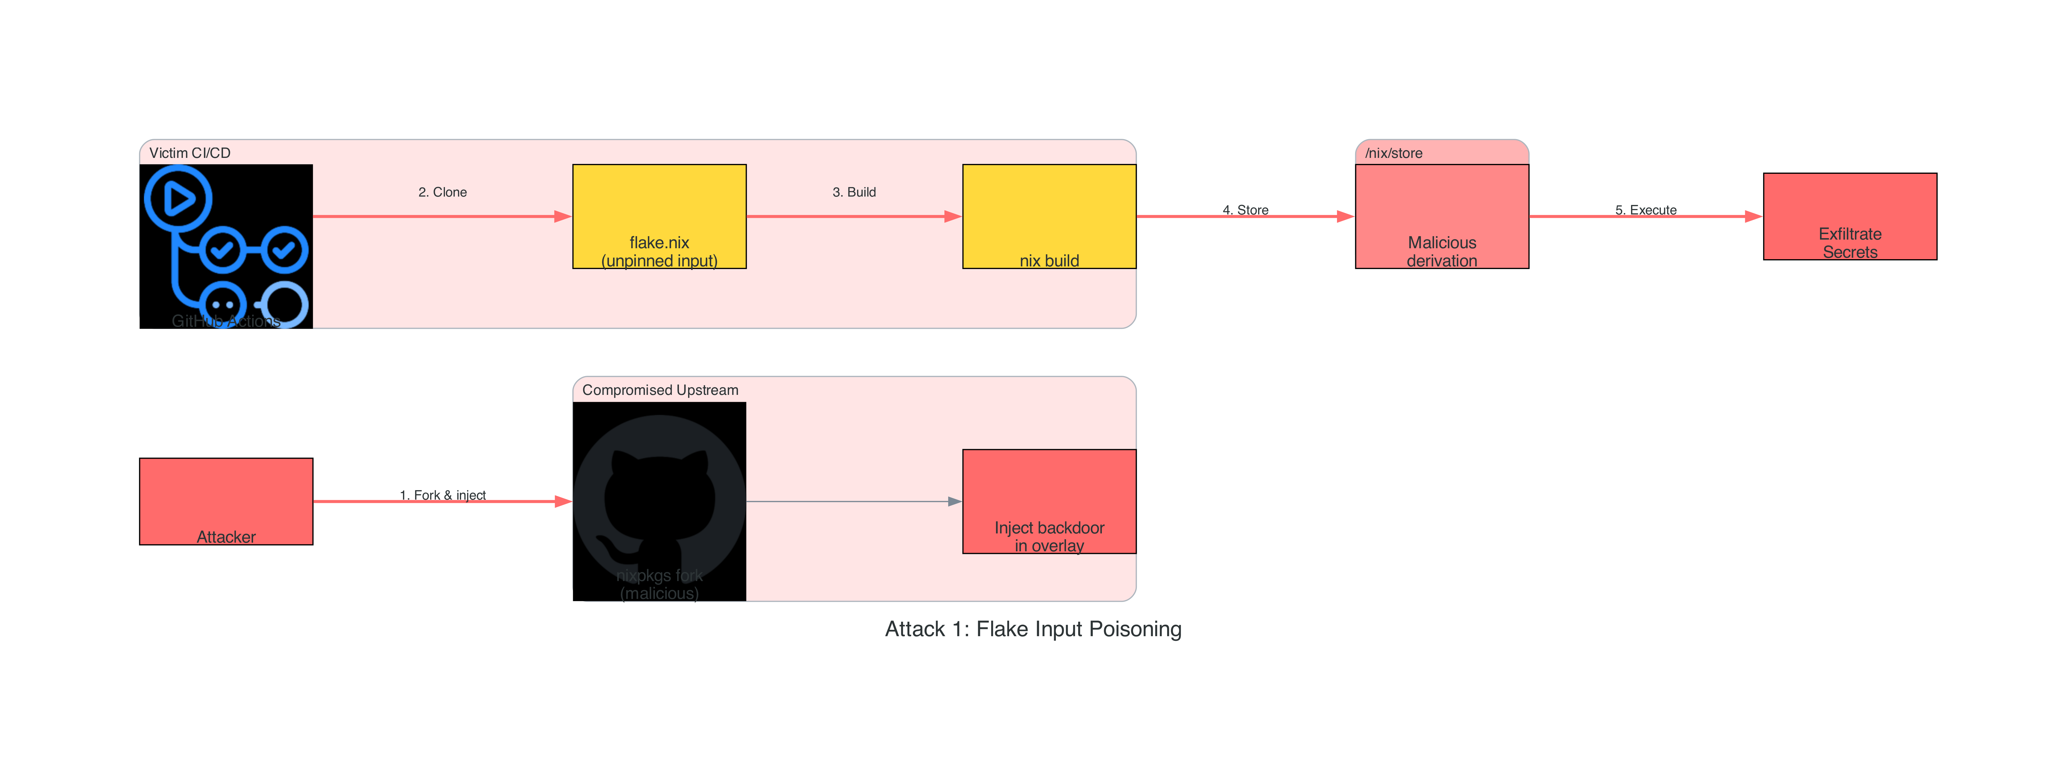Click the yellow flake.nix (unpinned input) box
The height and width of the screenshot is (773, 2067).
coord(659,216)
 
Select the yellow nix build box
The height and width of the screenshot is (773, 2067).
coord(1049,216)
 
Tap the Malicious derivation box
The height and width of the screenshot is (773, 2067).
coord(1441,216)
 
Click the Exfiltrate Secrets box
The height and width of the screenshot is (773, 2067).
coord(1849,216)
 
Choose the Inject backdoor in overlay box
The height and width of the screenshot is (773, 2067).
coord(1049,501)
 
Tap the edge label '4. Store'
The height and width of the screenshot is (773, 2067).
coord(1245,210)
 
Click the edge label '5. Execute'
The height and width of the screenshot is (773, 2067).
coord(1646,210)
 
